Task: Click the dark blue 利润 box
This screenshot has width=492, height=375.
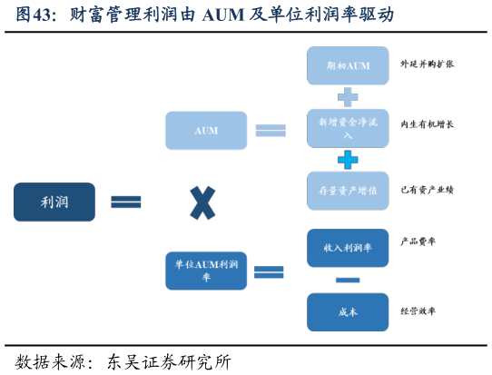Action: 54,202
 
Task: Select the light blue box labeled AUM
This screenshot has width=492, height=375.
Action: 206,130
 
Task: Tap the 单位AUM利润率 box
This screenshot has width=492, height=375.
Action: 206,271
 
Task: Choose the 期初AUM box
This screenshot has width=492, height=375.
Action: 348,66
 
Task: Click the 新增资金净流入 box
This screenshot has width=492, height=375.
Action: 348,128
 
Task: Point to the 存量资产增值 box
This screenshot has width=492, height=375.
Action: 348,191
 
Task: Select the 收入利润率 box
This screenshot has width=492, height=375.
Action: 348,248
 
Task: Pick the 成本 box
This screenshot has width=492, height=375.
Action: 348,311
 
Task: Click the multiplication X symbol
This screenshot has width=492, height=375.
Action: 202,202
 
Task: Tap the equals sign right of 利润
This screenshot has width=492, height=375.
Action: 126,202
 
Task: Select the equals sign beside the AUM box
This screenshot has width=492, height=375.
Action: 271,130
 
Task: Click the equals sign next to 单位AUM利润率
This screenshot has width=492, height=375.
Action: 270,271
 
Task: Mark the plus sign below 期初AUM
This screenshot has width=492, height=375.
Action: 348,97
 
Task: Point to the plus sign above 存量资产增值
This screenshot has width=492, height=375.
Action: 348,160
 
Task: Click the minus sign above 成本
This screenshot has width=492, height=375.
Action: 348,280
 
